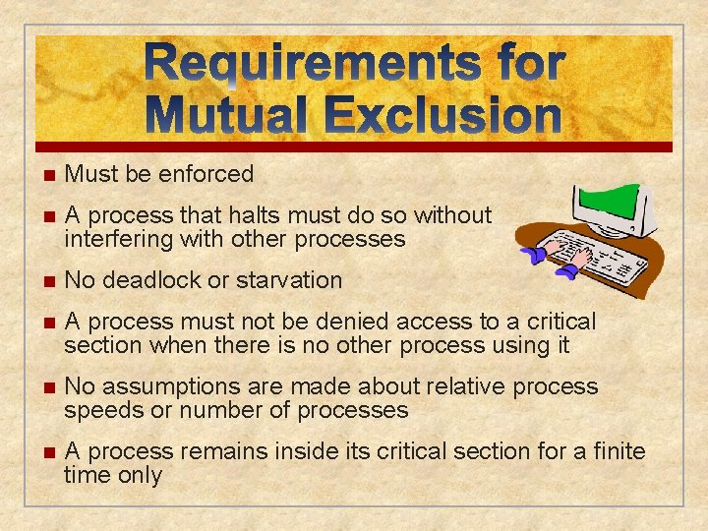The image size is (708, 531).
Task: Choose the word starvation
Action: (288, 280)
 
